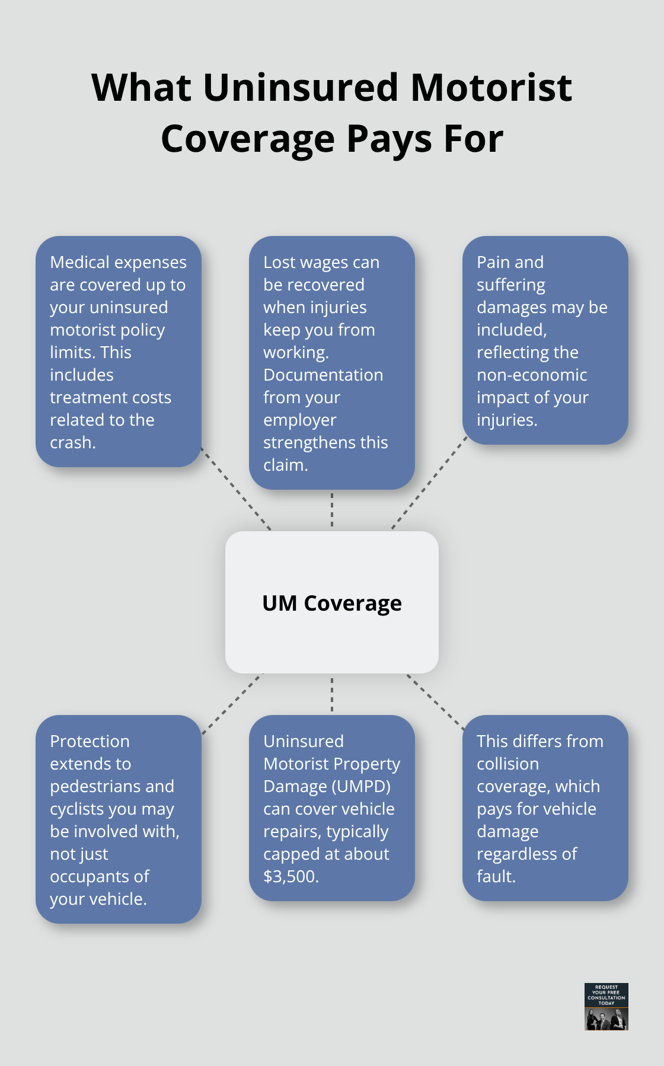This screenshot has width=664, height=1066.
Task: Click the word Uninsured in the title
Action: pos(301,88)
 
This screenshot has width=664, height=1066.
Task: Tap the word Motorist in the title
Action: pos(491,88)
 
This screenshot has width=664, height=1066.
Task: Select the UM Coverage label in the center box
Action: pos(332,603)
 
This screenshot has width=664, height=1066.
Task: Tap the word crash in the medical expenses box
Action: pos(71,442)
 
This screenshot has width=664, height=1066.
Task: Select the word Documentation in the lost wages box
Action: pos(323,375)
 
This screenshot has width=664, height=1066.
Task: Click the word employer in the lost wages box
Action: pos(299,420)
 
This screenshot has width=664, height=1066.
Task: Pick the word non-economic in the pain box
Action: pos(532,375)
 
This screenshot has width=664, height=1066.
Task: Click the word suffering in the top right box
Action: pos(510,285)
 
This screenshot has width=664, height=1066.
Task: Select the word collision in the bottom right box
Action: pos(507,764)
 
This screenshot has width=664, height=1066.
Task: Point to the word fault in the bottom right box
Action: pos(494,876)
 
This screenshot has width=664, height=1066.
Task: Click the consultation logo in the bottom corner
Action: pos(606,1006)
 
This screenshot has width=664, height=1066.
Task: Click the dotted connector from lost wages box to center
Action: pos(332,510)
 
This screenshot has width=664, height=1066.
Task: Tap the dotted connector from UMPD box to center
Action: pos(332,694)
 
